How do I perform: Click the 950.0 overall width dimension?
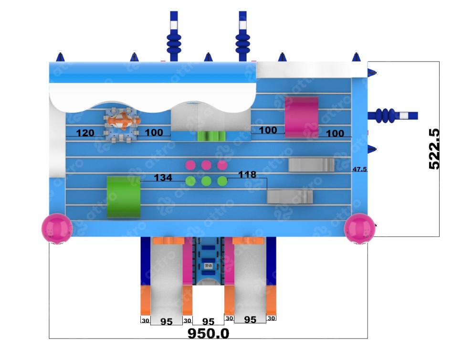(208, 333)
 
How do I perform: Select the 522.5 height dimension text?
(434, 148)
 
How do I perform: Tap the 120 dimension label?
(85, 133)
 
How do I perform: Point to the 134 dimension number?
(162, 178)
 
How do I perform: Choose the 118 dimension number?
(247, 175)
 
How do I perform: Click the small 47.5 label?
(359, 169)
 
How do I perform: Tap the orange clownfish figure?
(124, 120)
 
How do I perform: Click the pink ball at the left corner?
(57, 228)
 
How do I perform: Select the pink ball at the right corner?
(359, 228)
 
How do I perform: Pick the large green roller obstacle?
(123, 197)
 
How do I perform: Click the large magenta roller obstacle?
(301, 117)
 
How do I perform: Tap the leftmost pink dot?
(190, 165)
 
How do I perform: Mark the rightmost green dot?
(222, 181)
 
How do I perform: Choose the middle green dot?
(206, 181)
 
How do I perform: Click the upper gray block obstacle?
(311, 165)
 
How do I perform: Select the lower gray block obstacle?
(290, 197)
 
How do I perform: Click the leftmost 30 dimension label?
(145, 320)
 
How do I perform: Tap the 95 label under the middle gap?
(208, 321)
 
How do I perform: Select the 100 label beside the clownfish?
(154, 132)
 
